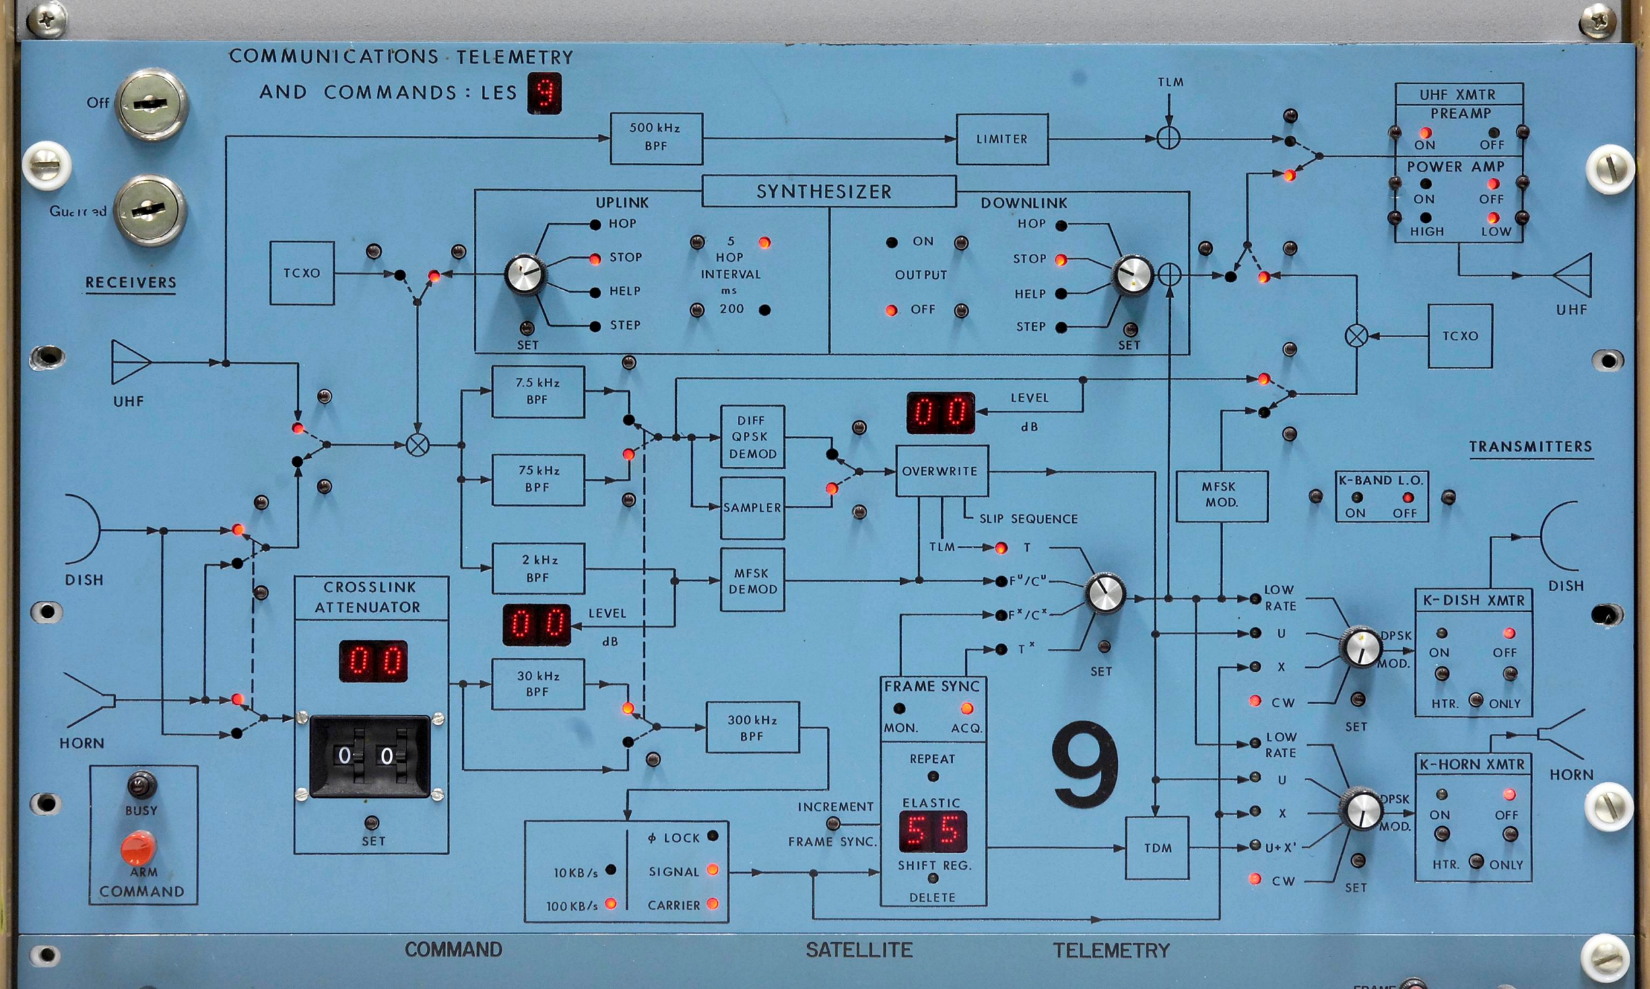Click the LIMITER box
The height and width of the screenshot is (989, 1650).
click(x=1002, y=139)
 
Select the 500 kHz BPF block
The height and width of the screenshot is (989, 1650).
click(x=656, y=138)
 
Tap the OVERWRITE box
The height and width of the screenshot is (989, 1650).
click(x=941, y=471)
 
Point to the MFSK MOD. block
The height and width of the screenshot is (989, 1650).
click(x=1221, y=495)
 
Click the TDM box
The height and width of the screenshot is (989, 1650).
click(x=1157, y=848)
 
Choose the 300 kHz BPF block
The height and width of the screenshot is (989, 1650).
click(x=752, y=728)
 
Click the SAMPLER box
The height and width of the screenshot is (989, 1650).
click(x=752, y=508)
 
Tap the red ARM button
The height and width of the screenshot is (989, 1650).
click(x=139, y=848)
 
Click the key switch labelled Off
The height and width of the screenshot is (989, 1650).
click(x=151, y=104)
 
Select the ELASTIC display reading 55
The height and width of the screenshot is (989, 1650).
click(x=933, y=831)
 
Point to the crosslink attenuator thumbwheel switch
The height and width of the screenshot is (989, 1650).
click(x=370, y=756)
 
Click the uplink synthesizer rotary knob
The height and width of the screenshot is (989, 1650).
click(x=525, y=274)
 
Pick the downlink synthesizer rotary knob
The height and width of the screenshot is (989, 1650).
click(x=1132, y=274)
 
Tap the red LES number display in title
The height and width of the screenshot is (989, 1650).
click(x=544, y=92)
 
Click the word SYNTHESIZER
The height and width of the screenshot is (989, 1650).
click(x=824, y=192)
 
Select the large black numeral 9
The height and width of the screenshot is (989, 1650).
click(x=1084, y=764)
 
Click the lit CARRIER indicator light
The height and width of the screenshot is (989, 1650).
click(x=712, y=904)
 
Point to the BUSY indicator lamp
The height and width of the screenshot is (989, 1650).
click(x=141, y=785)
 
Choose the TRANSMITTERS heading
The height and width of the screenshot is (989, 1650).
click(x=1530, y=446)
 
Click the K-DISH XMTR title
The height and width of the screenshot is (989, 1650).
click(x=1473, y=601)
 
